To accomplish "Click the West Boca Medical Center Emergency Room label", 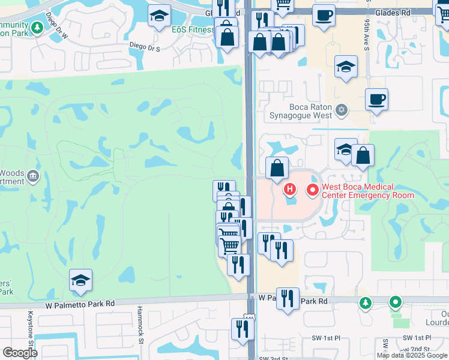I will (x=368, y=191).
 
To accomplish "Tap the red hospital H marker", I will (x=290, y=191).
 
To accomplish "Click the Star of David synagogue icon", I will (x=342, y=110).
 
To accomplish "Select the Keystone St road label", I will (x=29, y=330).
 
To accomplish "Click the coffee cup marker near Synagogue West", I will (x=376, y=99).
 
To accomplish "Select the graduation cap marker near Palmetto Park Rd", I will (x=80, y=280).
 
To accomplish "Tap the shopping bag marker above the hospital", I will (x=277, y=169).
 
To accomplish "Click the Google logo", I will (x=19, y=353).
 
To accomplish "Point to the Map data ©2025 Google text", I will (x=412, y=355).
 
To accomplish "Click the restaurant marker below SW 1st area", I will (x=243, y=329).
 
